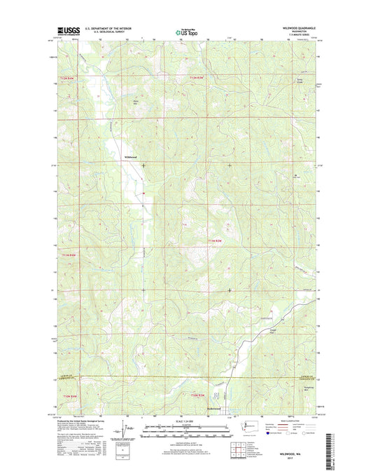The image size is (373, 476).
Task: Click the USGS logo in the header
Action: [x=65, y=31]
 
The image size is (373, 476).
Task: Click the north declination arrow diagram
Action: [x=125, y=428]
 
